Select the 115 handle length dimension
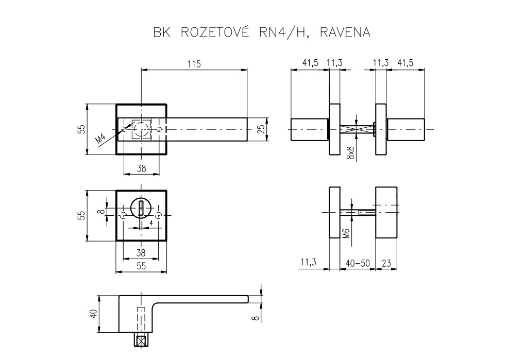194,64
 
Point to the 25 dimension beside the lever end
261,129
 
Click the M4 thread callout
101,138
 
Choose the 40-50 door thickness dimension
358,263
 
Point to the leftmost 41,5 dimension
310,63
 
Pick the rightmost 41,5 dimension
405,63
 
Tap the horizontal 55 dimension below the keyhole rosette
141,266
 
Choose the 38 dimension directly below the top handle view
141,167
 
